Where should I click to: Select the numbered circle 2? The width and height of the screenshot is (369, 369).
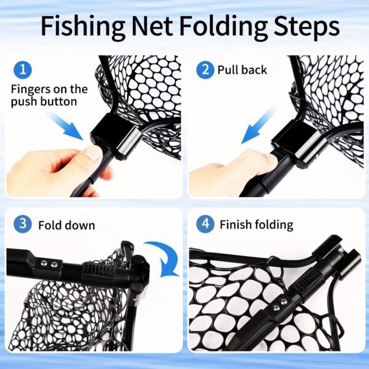205,69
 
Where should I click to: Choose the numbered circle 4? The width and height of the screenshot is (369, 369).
205,224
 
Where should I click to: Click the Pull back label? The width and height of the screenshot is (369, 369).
242,70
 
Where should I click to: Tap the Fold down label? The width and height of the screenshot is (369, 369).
66,225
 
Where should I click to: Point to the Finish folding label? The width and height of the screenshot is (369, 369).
256,224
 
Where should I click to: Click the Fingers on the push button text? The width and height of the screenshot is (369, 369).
49,95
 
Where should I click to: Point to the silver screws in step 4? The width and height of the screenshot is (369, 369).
279,303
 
